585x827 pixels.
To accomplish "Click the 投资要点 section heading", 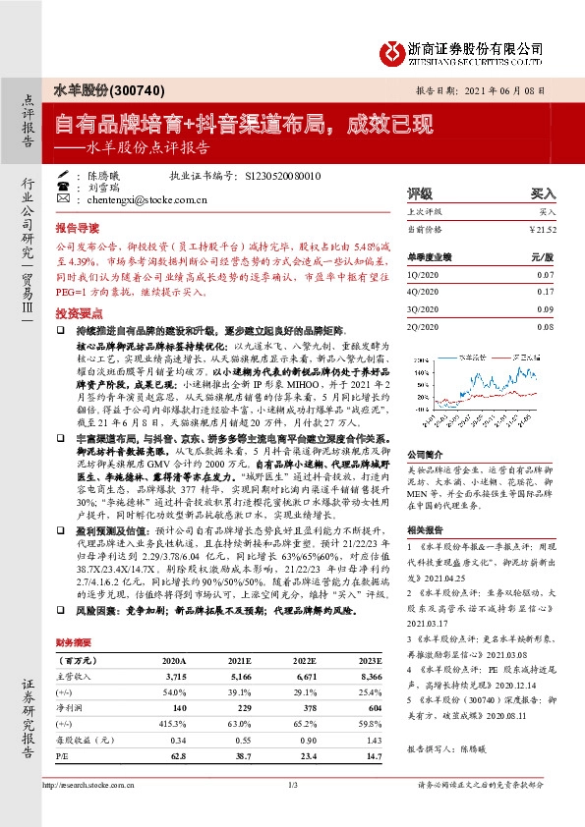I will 78,311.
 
